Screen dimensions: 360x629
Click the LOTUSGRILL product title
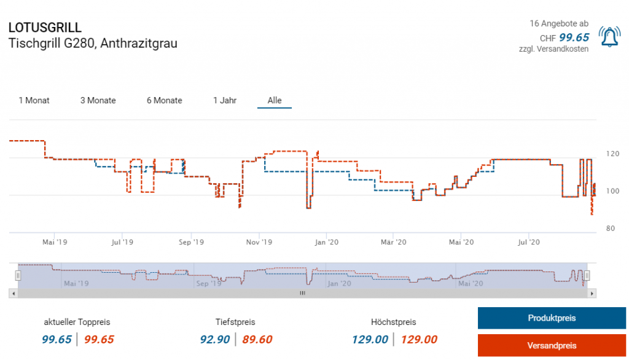tap(45, 28)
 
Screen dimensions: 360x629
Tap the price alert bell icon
tap(609, 37)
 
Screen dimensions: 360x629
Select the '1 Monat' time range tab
tap(34, 100)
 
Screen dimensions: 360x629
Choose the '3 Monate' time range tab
tap(98, 100)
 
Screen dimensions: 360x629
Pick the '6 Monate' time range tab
tap(164, 100)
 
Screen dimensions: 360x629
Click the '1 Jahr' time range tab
tap(225, 100)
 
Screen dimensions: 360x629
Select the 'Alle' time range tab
tap(275, 100)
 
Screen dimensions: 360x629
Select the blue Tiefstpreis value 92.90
tap(215, 340)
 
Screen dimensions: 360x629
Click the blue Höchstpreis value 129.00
tap(370, 340)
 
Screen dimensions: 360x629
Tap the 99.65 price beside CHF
tap(574, 37)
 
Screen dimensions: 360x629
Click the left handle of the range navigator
tap(18, 275)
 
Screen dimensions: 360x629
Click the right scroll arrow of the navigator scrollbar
tap(592, 294)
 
